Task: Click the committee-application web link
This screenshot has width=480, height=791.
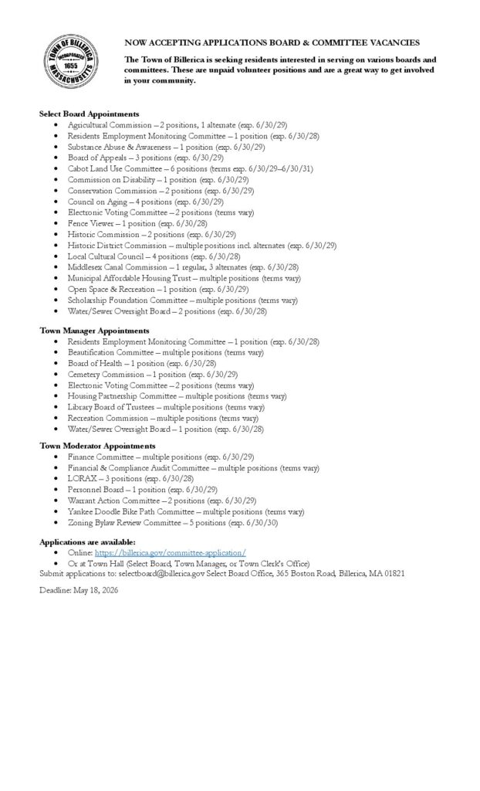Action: (x=171, y=552)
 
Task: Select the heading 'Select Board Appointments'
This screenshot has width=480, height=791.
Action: (x=89, y=114)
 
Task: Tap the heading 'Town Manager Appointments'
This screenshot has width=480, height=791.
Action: (x=94, y=330)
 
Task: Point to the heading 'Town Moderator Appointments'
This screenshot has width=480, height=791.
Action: (x=97, y=446)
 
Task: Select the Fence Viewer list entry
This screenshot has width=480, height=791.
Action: (x=137, y=223)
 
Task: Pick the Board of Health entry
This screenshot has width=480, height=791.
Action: (x=141, y=363)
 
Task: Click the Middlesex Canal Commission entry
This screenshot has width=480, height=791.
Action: (x=183, y=267)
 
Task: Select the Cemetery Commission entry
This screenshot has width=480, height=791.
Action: (x=152, y=374)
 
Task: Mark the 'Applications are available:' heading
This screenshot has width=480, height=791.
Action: (x=87, y=541)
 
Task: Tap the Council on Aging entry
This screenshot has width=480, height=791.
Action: (x=145, y=202)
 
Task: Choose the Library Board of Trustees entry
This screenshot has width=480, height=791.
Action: (x=165, y=407)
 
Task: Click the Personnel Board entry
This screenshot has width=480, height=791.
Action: (x=142, y=489)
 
